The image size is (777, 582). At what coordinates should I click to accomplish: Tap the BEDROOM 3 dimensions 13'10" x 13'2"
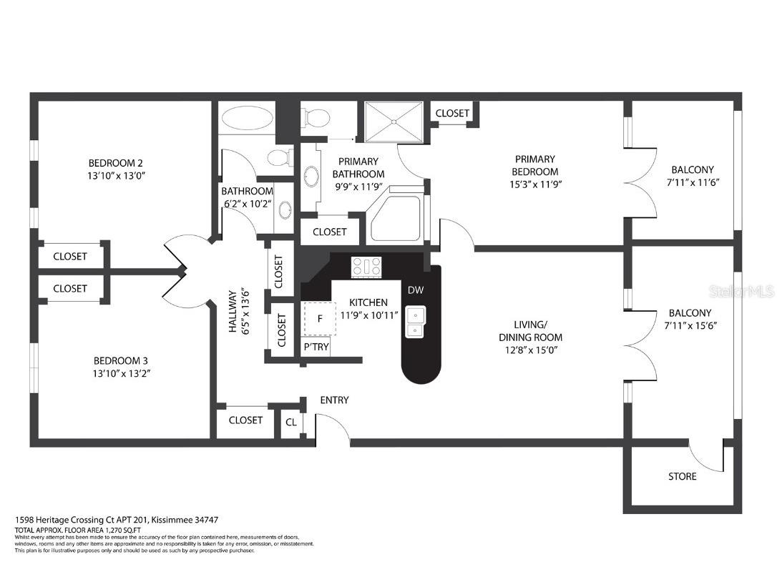(x=120, y=373)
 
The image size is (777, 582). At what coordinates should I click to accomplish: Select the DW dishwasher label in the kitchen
(x=416, y=290)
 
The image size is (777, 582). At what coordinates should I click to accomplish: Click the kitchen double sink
(x=416, y=322)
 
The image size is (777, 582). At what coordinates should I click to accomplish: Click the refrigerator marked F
(x=320, y=318)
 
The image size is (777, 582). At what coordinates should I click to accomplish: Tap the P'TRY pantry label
(x=316, y=347)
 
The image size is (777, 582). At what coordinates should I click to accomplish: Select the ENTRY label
(x=334, y=400)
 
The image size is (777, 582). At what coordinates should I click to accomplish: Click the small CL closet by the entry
(x=291, y=422)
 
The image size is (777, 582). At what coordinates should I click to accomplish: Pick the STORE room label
(x=682, y=476)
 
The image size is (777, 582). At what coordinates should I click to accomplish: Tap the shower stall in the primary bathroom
(x=394, y=123)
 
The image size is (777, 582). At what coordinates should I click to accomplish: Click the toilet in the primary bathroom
(x=315, y=117)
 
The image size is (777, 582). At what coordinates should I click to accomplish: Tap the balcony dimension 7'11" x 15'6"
(x=690, y=325)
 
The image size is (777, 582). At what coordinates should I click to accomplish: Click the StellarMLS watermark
(x=741, y=291)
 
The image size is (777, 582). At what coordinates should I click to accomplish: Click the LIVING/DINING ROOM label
(x=530, y=331)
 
